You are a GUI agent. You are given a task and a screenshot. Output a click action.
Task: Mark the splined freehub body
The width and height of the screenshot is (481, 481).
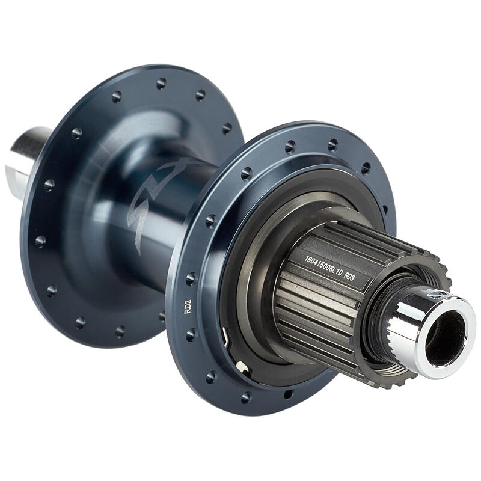click(x=325, y=295)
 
